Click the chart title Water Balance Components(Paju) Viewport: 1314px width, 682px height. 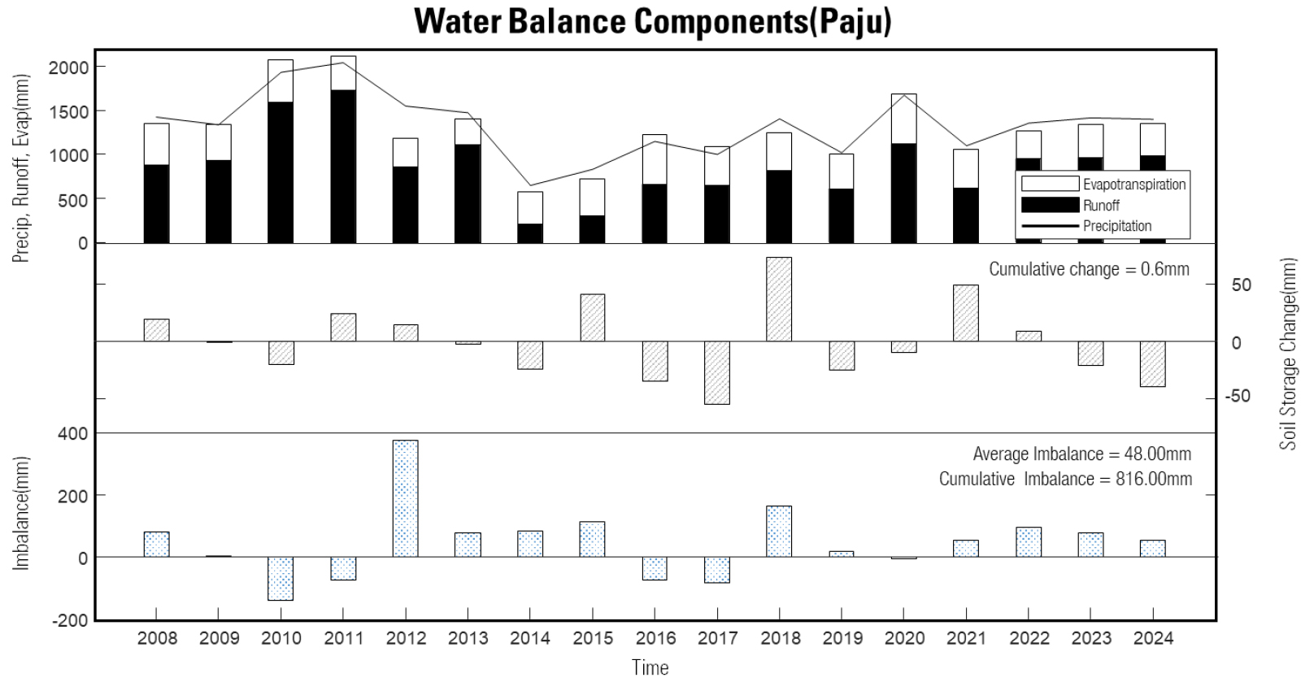point(652,21)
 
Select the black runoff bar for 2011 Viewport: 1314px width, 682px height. point(343,167)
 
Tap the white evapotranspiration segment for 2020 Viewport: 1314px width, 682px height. point(903,119)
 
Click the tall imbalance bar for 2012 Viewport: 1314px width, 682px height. point(405,498)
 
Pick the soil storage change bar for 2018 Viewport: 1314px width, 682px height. point(779,299)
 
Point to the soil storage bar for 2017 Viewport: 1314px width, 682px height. point(716,372)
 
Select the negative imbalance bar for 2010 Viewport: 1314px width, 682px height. point(281,578)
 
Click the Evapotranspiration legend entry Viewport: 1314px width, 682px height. point(1133,185)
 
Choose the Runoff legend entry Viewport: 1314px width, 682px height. point(1101,205)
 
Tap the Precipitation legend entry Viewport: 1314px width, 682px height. point(1116,226)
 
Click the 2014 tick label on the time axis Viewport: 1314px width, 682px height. point(530,638)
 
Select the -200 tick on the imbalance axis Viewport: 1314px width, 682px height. point(71,620)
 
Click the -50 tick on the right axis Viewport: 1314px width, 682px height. point(1237,397)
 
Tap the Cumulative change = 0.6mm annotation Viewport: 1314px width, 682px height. point(1089,269)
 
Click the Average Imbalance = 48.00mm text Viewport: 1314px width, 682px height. point(1081,454)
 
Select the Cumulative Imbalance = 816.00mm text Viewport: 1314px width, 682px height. point(1065,479)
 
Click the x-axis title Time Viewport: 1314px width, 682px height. point(650,667)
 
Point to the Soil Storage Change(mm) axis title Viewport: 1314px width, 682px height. point(1288,354)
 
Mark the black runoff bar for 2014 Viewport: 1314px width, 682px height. point(530,233)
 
